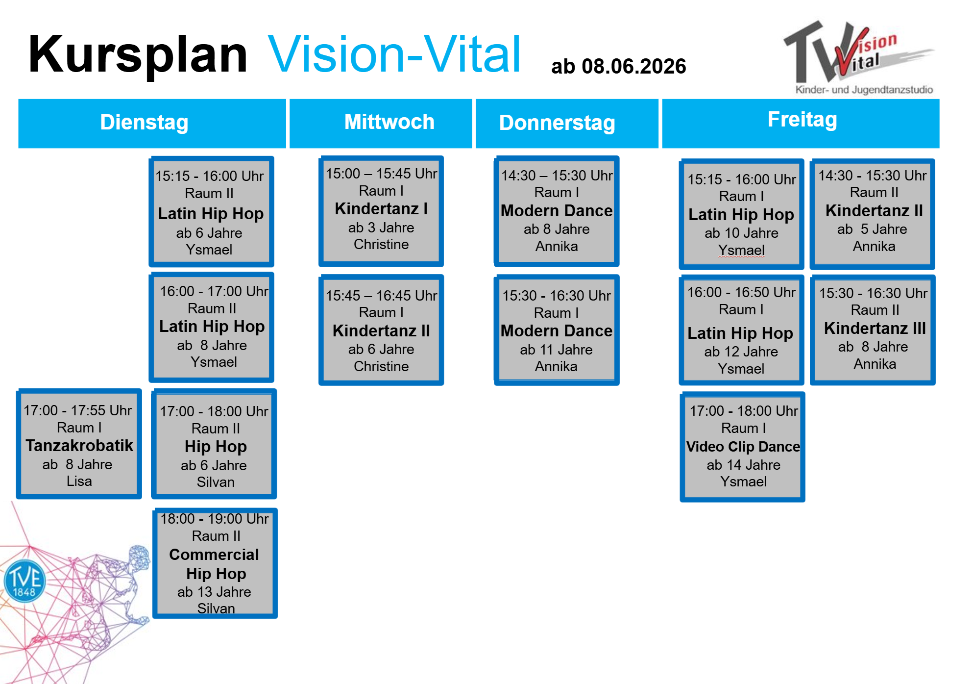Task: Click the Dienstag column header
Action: click(144, 122)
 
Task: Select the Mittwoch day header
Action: click(389, 122)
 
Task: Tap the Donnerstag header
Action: click(557, 123)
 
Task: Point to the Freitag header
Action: click(802, 120)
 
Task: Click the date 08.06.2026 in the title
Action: click(633, 66)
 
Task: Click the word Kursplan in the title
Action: click(138, 55)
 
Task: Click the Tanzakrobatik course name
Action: click(79, 445)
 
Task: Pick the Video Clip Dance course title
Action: click(743, 447)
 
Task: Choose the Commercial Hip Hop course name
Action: click(215, 564)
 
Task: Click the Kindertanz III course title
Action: click(875, 328)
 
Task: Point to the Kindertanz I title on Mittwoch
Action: click(381, 209)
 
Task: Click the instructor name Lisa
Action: click(79, 481)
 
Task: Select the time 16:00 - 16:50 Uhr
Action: click(741, 292)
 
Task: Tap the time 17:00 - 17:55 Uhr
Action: click(78, 410)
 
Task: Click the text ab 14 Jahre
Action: click(743, 465)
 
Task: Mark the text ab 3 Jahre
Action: click(381, 228)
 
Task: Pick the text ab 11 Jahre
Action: click(556, 350)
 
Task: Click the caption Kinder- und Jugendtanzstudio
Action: click(864, 90)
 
